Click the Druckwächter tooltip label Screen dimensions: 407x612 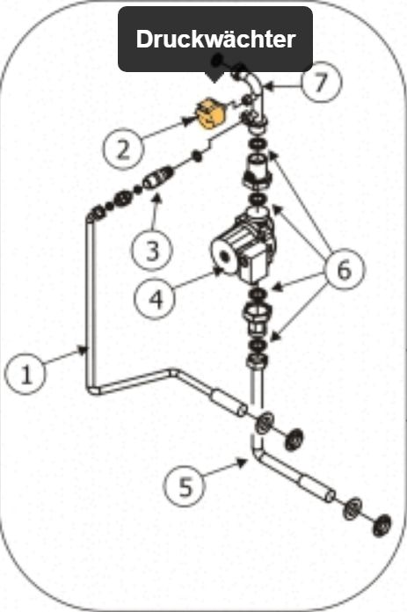(x=215, y=39)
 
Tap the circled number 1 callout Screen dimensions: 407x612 (x=25, y=374)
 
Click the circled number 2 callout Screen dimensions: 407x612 (x=123, y=149)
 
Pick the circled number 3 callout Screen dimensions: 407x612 (x=152, y=251)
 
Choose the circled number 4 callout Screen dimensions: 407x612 (x=155, y=299)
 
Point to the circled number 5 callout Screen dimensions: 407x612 (x=185, y=486)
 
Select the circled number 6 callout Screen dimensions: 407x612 (x=344, y=269)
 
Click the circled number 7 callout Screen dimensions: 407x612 (x=321, y=83)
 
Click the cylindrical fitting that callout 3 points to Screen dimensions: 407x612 (x=158, y=178)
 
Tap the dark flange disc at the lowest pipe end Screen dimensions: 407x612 (x=382, y=525)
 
